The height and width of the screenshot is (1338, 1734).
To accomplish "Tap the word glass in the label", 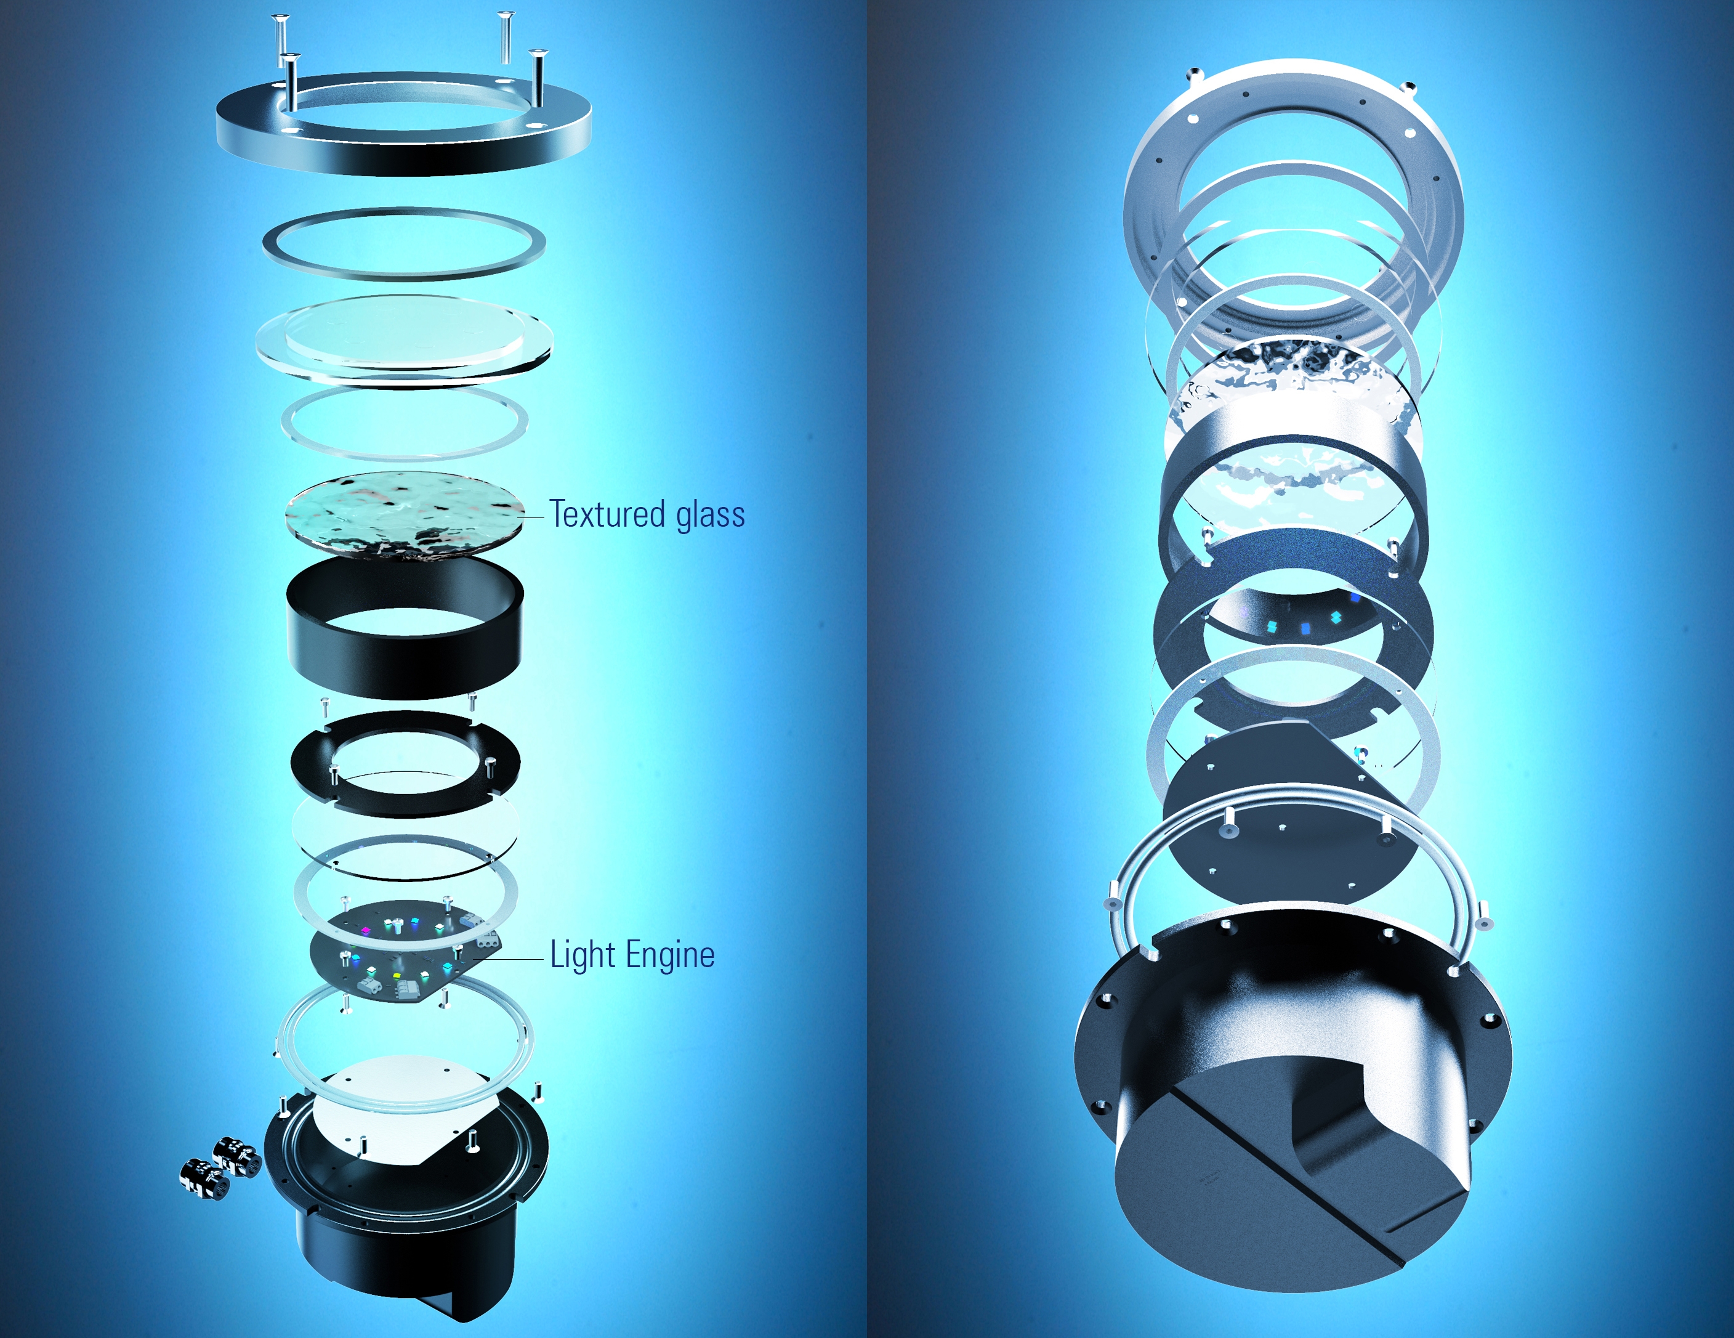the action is pyautogui.click(x=711, y=514).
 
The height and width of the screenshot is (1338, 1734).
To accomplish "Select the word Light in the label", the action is pyautogui.click(x=583, y=954).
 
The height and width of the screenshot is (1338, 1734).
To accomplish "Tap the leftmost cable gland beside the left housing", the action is pyautogui.click(x=205, y=1175).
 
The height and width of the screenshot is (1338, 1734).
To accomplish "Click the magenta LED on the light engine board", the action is pyautogui.click(x=366, y=929).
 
